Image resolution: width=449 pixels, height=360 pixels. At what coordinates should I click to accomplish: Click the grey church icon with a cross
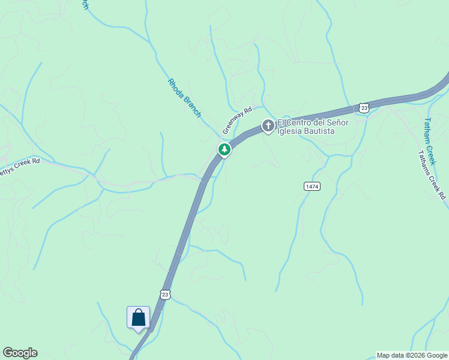pyautogui.click(x=268, y=126)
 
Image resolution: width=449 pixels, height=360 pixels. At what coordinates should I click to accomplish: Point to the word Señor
pyautogui.click(x=337, y=122)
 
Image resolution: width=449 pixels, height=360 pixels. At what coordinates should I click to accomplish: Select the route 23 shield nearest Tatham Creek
pyautogui.click(x=364, y=107)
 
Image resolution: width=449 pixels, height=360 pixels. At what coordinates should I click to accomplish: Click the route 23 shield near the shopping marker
pyautogui.click(x=166, y=294)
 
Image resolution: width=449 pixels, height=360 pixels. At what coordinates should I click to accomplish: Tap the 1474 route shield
pyautogui.click(x=312, y=187)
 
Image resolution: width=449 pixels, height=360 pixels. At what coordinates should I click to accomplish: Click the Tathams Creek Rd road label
pyautogui.click(x=433, y=175)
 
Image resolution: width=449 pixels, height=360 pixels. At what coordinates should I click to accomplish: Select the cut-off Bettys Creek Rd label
pyautogui.click(x=19, y=166)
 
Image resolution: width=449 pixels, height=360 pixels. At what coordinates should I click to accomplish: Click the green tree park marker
pyautogui.click(x=224, y=149)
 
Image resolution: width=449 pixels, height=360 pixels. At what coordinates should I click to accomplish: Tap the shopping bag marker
pyautogui.click(x=138, y=317)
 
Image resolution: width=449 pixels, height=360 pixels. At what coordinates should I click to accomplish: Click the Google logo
pyautogui.click(x=20, y=353)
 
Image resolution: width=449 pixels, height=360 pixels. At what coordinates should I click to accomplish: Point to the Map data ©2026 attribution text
pyautogui.click(x=412, y=355)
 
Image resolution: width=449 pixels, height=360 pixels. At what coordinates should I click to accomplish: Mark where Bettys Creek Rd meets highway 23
pyautogui.click(x=203, y=178)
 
